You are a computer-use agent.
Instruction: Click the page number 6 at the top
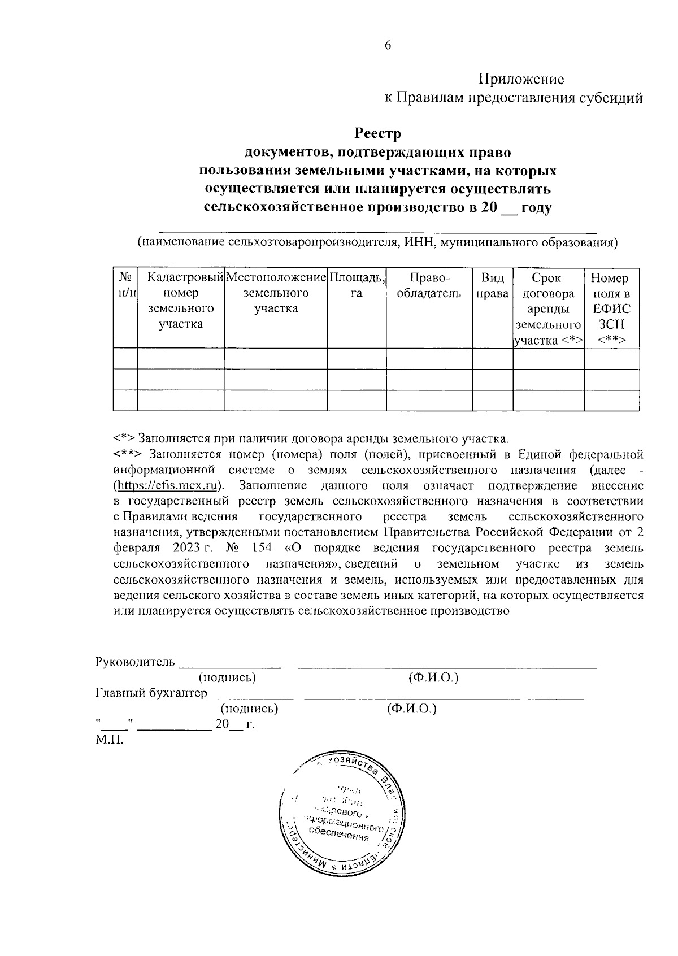388,46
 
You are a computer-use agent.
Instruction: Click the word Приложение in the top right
521,79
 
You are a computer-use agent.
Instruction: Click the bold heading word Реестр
377,134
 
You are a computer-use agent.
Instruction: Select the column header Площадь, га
357,285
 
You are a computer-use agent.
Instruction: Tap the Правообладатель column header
429,285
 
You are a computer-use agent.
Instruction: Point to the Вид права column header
492,285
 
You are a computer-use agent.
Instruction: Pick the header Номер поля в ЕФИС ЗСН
611,308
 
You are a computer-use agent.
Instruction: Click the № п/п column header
125,285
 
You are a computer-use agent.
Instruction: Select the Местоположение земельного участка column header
276,293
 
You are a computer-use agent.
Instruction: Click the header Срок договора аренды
547,308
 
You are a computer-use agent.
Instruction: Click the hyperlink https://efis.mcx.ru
167,486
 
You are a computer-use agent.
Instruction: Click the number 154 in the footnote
260,548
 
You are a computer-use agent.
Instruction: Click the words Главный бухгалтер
151,693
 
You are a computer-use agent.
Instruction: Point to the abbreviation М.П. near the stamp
108,740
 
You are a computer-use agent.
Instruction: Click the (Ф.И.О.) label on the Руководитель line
433,677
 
